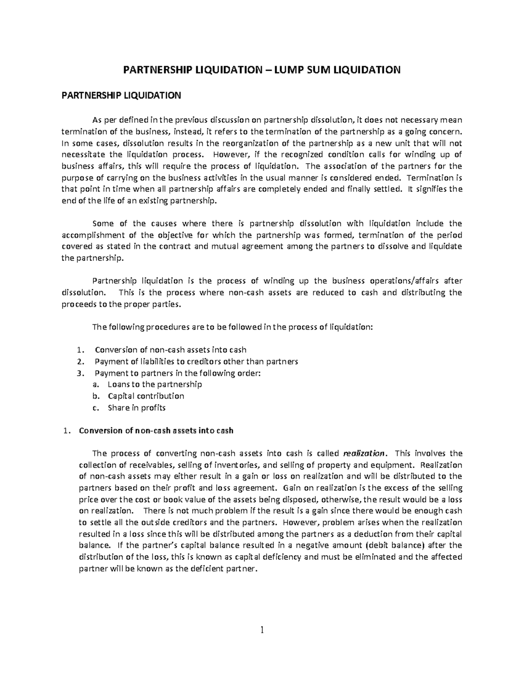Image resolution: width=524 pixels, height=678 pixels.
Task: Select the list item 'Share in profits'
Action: [136, 408]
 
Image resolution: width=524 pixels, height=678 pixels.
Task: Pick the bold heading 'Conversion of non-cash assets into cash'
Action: [156, 430]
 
